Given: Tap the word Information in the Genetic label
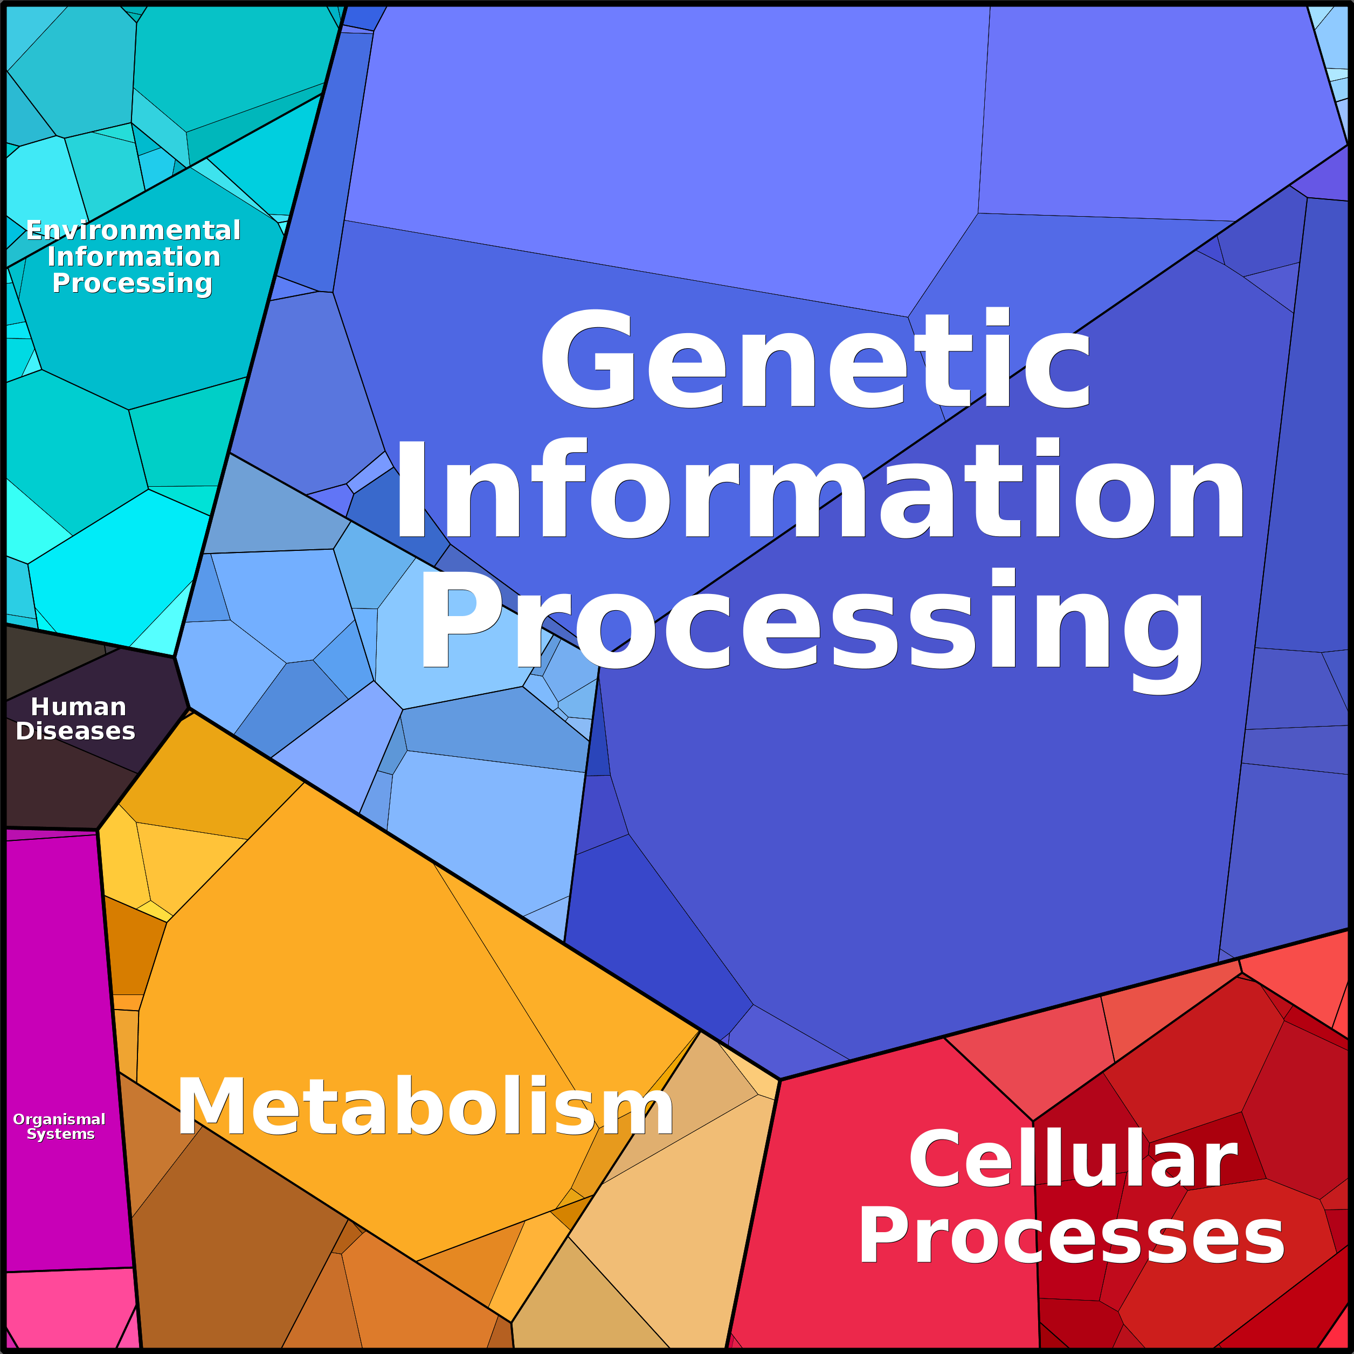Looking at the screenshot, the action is click(819, 488).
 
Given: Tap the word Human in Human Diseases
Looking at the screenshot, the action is click(79, 707).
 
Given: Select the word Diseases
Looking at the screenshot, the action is click(75, 731).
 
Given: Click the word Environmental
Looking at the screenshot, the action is click(133, 230).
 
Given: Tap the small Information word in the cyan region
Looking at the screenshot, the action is click(134, 257).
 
